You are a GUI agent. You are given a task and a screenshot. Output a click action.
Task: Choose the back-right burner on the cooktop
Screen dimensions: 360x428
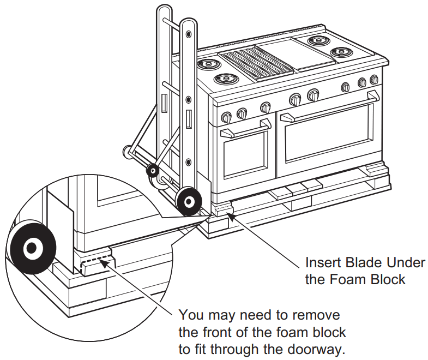[x=317, y=40]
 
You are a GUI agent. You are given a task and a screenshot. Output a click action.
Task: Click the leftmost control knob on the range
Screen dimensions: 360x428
[x=226, y=117]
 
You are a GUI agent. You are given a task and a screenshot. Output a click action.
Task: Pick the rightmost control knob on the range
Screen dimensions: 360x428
[x=374, y=80]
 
